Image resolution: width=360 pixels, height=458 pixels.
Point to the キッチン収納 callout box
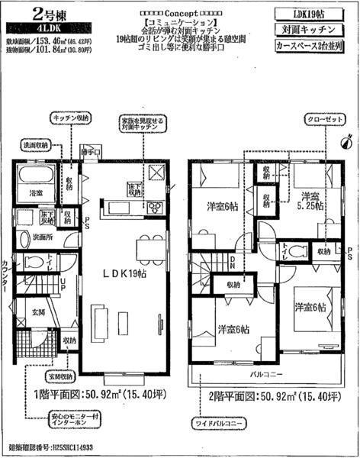[x=71, y=120]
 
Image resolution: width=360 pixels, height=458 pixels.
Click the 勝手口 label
[x=92, y=152]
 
